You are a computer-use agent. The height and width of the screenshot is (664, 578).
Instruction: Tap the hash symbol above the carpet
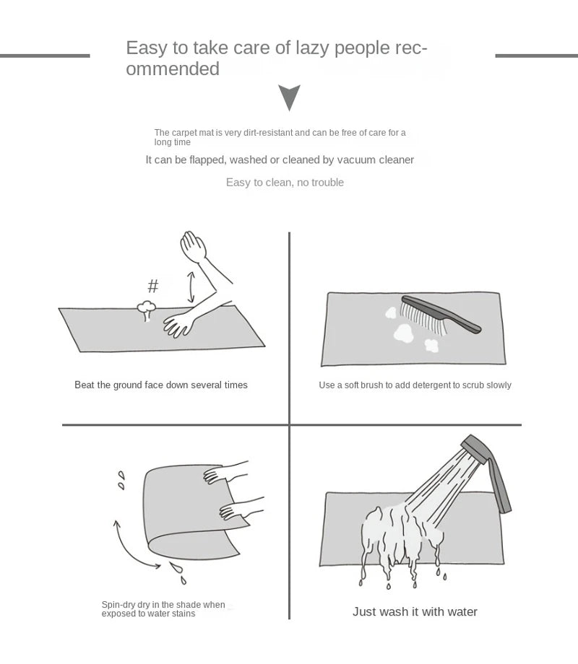click(x=153, y=286)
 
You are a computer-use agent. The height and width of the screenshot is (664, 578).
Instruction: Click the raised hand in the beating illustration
click(x=194, y=246)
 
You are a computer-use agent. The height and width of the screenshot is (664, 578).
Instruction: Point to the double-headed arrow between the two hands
click(x=191, y=287)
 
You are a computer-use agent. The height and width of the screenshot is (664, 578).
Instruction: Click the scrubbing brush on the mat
click(x=440, y=315)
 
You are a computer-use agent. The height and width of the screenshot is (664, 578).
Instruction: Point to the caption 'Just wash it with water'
click(x=415, y=611)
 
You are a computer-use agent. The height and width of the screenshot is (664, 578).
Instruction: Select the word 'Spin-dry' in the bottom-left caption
click(x=118, y=605)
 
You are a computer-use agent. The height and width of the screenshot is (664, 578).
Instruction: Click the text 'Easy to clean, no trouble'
click(x=285, y=183)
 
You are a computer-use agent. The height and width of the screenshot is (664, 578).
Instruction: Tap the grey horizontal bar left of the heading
click(x=45, y=56)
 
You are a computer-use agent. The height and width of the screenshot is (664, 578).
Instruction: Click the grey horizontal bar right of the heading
click(x=536, y=56)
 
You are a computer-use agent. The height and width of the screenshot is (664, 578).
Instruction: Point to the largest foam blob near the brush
click(x=403, y=333)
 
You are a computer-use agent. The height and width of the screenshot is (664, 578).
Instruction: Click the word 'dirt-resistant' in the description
click(x=267, y=133)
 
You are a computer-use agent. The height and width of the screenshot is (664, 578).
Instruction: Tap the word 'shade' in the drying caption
click(x=189, y=605)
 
